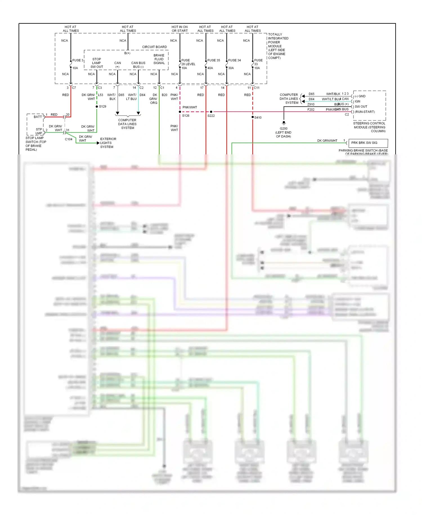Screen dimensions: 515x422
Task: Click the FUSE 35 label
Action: coord(214,60)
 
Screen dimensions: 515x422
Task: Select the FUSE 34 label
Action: coord(234,60)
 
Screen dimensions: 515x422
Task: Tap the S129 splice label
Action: coord(103,106)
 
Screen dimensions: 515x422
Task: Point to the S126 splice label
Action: coord(186,116)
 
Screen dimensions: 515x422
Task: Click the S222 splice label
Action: coord(211,116)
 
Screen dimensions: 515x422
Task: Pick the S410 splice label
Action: coord(258,117)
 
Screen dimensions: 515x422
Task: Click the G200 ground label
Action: coord(284,128)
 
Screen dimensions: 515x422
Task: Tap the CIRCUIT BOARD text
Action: coord(154,47)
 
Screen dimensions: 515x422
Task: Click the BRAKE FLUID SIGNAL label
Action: coord(159,59)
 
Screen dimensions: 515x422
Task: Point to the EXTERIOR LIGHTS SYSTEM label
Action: coord(108,143)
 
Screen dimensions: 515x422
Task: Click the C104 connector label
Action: coord(69,139)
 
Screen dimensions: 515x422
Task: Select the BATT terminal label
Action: coord(38,117)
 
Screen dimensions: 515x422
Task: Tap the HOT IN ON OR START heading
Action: coord(179,29)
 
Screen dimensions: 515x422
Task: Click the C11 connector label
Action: coord(257,88)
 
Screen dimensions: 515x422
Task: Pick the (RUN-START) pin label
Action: coord(365,112)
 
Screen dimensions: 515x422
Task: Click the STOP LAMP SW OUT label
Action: coord(96,63)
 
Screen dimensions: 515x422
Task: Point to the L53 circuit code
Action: coord(100,95)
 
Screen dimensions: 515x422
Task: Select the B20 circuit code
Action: coord(164,95)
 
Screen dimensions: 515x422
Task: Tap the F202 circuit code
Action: coord(311,110)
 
